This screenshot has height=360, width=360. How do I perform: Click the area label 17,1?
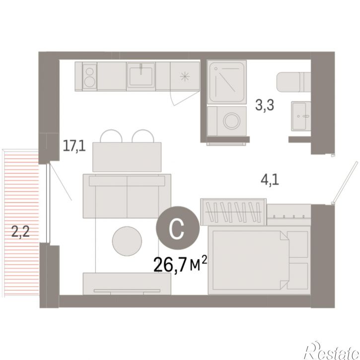click(x=74, y=146)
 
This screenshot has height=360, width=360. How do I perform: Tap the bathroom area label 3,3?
click(x=265, y=105)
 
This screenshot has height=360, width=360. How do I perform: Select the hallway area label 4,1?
click(x=270, y=180)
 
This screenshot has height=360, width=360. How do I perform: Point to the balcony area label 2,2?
click(x=20, y=231)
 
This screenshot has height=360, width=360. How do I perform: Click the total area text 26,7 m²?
click(x=180, y=264)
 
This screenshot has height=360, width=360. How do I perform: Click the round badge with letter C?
click(x=177, y=228)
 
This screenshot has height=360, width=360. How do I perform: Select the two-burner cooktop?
click(x=89, y=76)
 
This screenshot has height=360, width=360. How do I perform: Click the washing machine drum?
click(x=232, y=121)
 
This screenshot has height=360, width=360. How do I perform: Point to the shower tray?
click(x=226, y=82)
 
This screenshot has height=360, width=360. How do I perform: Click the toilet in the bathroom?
click(x=293, y=82)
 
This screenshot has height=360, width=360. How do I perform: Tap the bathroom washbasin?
click(x=301, y=116)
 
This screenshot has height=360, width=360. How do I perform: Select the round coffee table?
click(x=127, y=241)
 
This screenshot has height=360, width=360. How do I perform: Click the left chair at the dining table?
click(x=111, y=136)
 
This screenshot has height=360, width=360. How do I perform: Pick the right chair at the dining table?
click(x=143, y=136)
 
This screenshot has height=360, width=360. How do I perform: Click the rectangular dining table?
click(x=127, y=157)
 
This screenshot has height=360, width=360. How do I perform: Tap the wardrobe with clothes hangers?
click(x=233, y=212)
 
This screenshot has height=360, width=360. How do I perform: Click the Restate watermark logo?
click(x=331, y=351)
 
